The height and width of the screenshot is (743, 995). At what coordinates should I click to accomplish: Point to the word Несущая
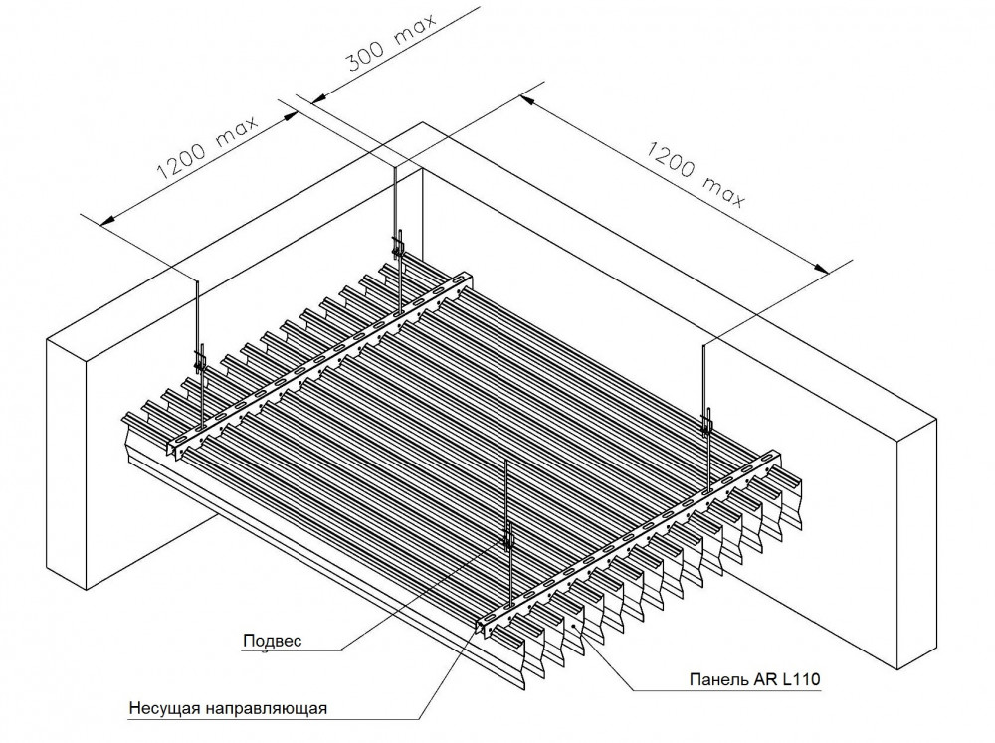pos(165,709)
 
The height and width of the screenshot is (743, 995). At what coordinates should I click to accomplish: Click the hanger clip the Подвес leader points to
pos(509,537)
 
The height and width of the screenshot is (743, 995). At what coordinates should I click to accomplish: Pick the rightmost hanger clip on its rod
pos(707,420)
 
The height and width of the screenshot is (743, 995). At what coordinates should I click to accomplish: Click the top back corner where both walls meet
pos(424,123)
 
